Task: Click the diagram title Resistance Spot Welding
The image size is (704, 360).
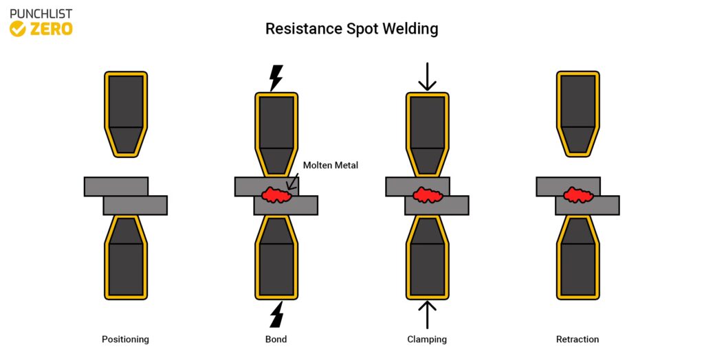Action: (351, 29)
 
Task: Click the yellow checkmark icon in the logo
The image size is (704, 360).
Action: (18, 29)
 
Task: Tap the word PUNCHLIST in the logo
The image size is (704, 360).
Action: (41, 13)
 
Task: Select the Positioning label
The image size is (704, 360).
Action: (125, 339)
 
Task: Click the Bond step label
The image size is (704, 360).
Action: (276, 339)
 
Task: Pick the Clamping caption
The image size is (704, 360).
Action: (427, 339)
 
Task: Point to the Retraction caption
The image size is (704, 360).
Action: (577, 339)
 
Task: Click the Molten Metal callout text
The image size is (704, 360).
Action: (331, 165)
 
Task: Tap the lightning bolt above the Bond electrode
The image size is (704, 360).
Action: (276, 78)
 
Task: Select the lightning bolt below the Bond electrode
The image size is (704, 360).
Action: (276, 314)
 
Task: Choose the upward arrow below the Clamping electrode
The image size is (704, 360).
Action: (427, 314)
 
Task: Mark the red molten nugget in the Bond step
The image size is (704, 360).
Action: (276, 195)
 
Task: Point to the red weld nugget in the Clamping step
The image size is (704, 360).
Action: (427, 195)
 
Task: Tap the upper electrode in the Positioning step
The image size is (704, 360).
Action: (125, 110)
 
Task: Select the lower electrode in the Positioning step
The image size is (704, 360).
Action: (125, 259)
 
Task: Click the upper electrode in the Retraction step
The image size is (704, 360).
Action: (577, 110)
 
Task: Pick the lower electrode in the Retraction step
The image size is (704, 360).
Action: (577, 259)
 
